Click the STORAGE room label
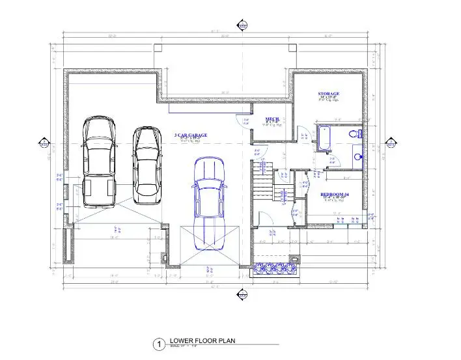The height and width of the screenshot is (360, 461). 329,94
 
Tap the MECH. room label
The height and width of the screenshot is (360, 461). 272,119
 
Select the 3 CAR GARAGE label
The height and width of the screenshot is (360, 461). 191,135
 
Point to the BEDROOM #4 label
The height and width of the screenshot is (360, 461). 335,195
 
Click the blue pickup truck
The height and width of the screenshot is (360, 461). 209,203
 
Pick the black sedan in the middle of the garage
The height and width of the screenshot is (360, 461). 147,164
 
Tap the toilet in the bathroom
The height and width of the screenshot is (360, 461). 355,134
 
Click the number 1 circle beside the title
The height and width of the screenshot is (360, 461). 158,344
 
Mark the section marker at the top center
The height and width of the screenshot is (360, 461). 242,26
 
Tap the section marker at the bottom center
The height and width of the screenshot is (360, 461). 242,296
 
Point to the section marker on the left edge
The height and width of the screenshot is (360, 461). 44,144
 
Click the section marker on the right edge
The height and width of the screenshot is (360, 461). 392,144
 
